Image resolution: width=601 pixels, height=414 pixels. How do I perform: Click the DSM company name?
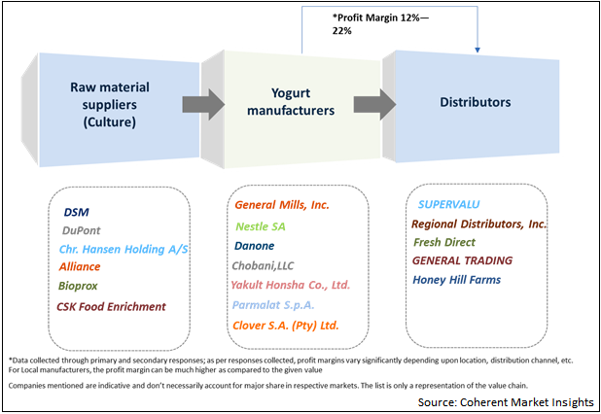76,211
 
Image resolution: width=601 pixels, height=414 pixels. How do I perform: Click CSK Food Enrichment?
111,306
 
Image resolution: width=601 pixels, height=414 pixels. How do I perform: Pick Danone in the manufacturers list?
255,246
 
